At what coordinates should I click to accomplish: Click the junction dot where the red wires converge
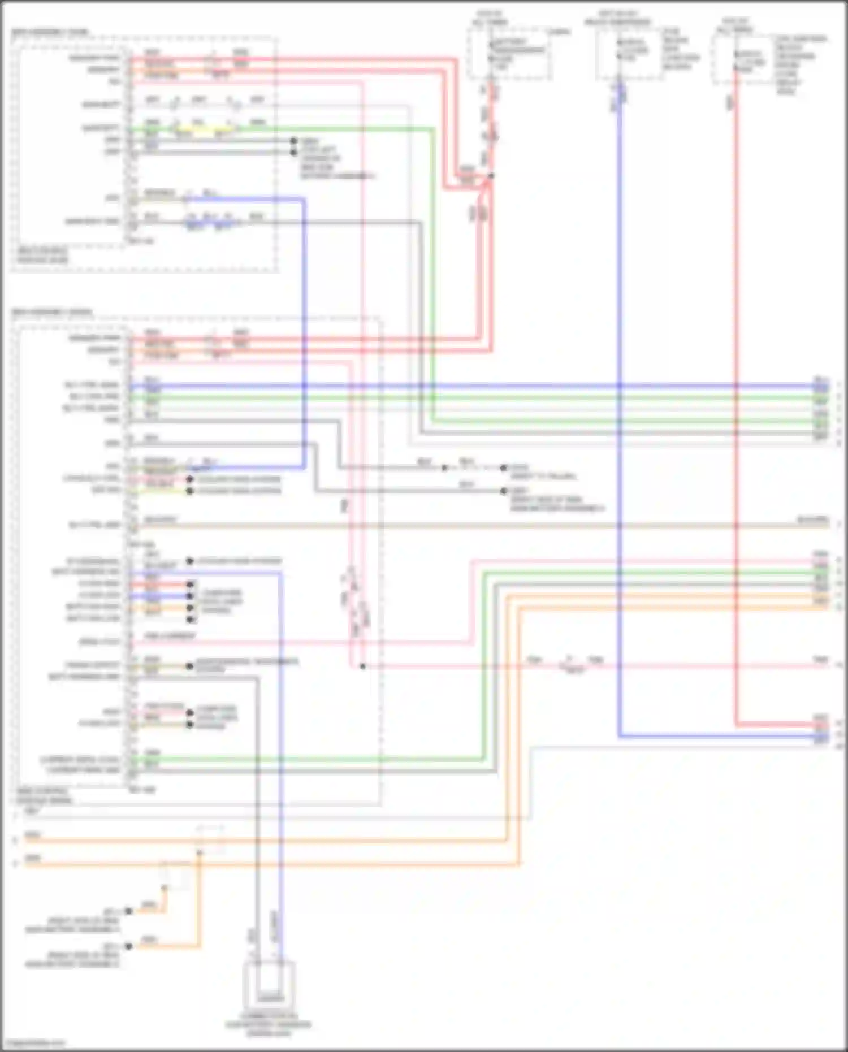(x=491, y=176)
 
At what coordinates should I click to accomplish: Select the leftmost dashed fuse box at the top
(x=509, y=54)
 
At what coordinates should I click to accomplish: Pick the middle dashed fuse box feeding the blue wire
(x=629, y=54)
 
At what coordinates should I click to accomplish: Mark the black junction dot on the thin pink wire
(x=362, y=666)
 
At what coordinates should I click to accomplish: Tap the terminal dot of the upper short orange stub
(x=129, y=911)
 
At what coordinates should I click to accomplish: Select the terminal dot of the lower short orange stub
(x=129, y=946)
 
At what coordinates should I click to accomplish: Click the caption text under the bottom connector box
(x=269, y=1024)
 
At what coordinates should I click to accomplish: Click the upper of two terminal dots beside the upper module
(x=293, y=141)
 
